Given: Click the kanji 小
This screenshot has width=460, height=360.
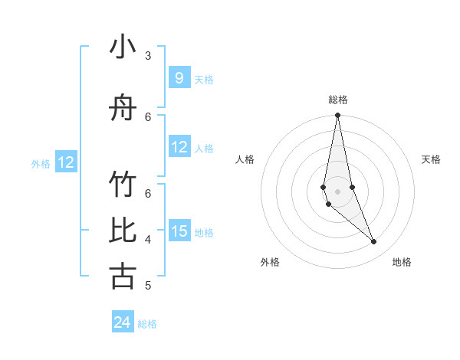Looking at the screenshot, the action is coord(123,48).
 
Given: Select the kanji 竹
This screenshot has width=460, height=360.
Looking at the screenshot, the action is coord(123,185).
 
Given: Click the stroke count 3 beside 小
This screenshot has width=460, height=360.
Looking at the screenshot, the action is coord(148,56).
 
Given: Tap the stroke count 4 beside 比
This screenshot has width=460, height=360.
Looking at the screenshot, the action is coord(148,240).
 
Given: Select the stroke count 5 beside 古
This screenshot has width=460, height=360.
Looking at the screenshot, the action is coord(148,286).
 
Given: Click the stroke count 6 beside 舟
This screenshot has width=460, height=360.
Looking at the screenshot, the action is coord(148,116).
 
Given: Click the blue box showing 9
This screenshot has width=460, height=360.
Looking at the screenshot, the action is coord(179,77).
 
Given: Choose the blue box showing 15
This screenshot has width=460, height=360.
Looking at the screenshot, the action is coord(179,231).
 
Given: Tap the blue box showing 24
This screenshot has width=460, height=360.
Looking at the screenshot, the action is coord(123,322).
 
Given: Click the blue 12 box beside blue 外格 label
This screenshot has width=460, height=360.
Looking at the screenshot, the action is coord(65,162).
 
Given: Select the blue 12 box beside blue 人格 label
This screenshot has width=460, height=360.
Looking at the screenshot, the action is coord(179,147).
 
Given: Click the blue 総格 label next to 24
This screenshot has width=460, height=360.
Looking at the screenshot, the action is coord(147,324).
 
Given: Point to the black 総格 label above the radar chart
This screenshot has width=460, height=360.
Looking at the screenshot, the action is coord(337,100).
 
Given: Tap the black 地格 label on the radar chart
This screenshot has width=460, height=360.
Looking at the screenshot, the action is coord(402,262).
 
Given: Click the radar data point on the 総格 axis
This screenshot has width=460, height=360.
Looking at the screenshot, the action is coord(337,116).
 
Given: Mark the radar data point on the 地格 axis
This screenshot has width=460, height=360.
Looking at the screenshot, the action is coord(374,242).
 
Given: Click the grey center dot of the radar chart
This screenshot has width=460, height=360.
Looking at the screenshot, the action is coord(337,191).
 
